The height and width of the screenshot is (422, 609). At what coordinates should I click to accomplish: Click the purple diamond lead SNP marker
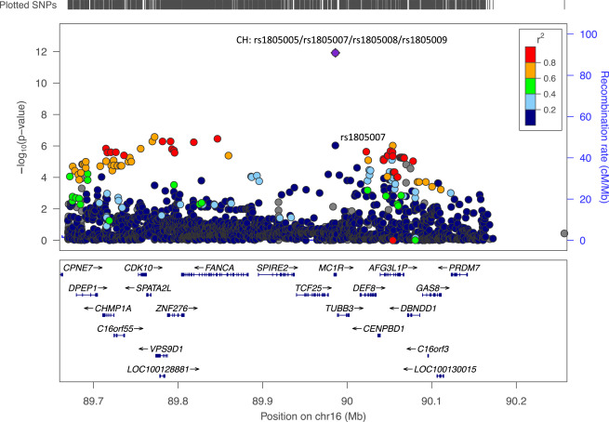pos(335,53)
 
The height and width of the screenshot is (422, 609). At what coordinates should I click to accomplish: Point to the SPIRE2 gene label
pos(273,268)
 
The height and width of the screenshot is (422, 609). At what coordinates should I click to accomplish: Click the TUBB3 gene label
pos(340,308)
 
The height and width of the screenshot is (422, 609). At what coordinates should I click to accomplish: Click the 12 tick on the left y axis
pos(44,51)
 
